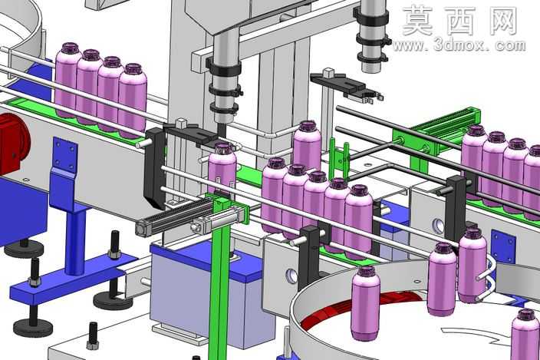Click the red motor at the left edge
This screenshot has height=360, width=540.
(13, 144)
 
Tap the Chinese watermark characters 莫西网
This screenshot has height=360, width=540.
(460, 21)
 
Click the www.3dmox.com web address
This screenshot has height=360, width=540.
(459, 45)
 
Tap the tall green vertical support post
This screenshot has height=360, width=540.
(219, 276)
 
